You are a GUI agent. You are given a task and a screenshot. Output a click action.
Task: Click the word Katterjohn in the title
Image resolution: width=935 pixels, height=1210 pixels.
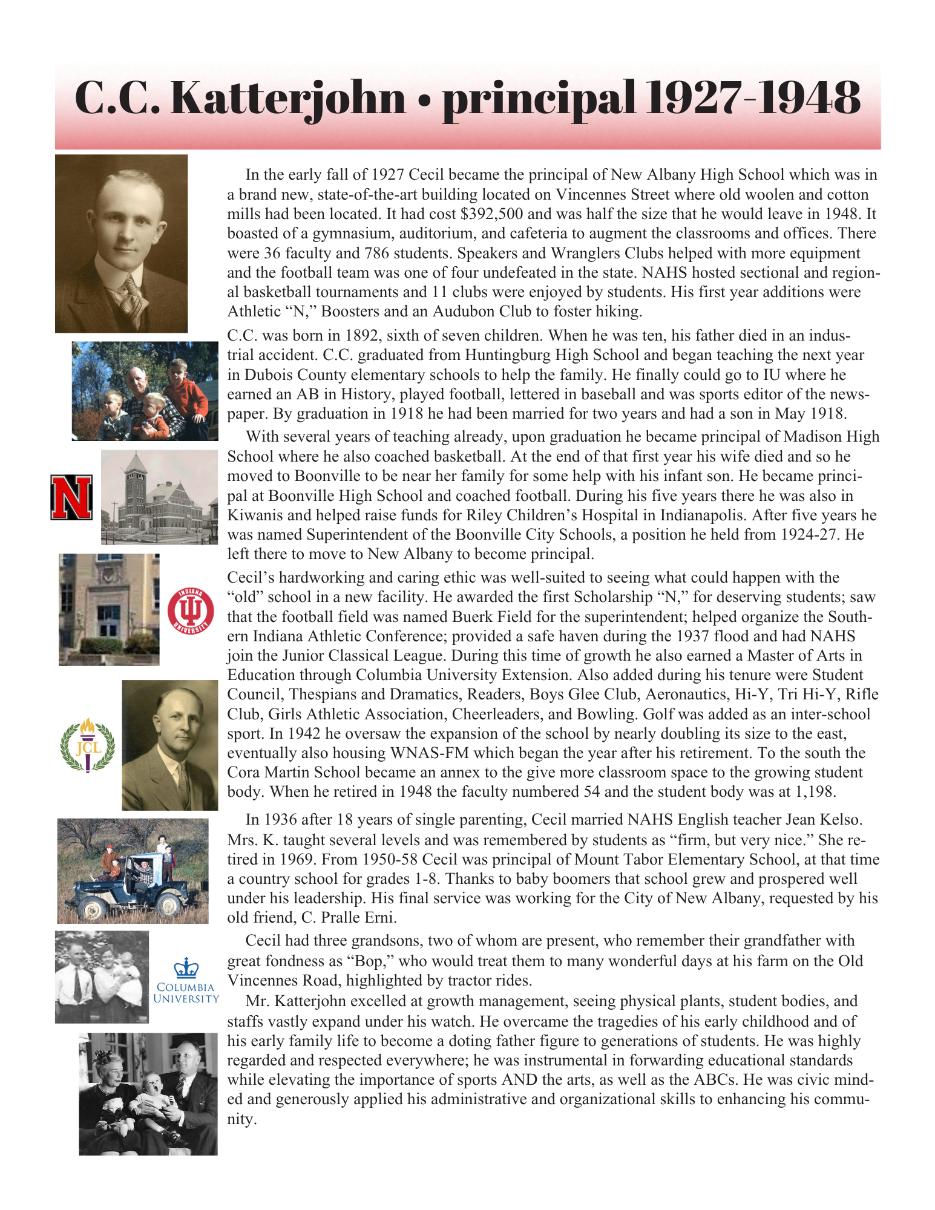tap(289, 98)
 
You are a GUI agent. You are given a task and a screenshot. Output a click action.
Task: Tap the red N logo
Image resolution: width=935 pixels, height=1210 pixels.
tap(72, 497)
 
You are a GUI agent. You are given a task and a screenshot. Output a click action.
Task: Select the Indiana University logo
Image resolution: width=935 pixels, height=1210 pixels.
tap(191, 610)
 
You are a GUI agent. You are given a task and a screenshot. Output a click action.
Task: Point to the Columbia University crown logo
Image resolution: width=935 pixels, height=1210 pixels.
tap(186, 969)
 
